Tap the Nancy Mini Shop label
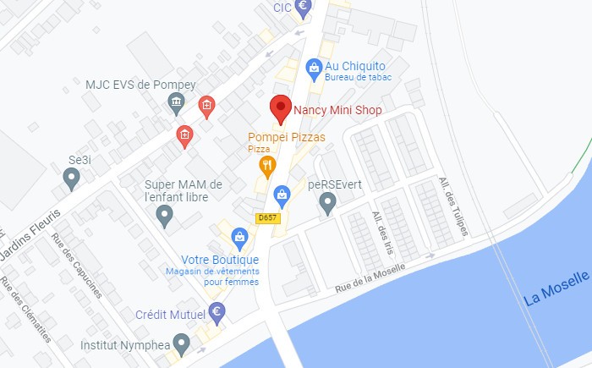pyautogui.click(x=337, y=110)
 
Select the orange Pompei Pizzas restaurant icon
pyautogui.click(x=267, y=166)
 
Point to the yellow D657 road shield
pyautogui.click(x=267, y=218)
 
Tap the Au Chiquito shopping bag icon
pyautogui.click(x=314, y=65)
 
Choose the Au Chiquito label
pyautogui.click(x=355, y=65)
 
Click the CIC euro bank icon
pyautogui.click(x=302, y=6)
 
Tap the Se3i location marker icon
pyautogui.click(x=72, y=178)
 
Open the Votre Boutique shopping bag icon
pyautogui.click(x=240, y=238)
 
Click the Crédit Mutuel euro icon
pyautogui.click(x=217, y=313)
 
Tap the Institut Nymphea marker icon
pyautogui.click(x=181, y=343)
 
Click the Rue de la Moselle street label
pyautogui.click(x=370, y=277)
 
